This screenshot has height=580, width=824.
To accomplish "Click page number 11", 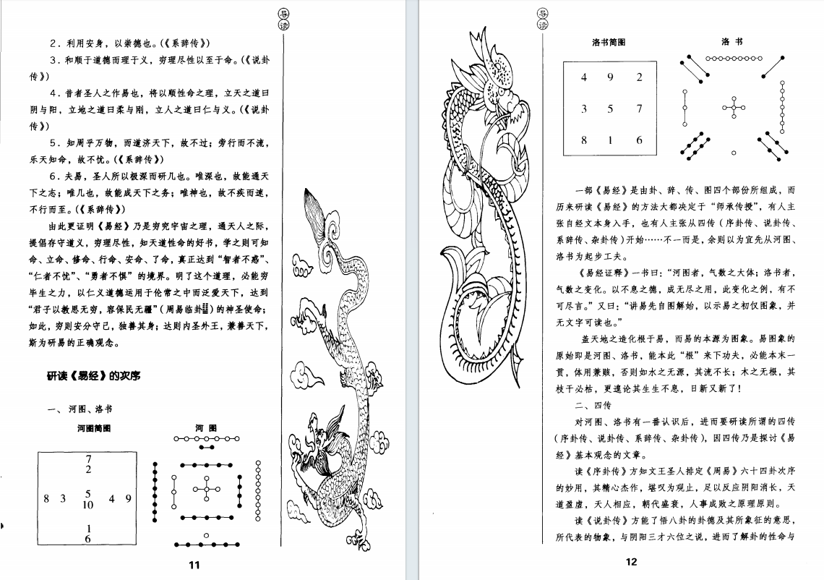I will [193, 565].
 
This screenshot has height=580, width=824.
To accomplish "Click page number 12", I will [631, 563].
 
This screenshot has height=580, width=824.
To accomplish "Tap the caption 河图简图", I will [94, 428].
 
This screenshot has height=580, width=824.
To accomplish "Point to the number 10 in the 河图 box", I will [88, 505].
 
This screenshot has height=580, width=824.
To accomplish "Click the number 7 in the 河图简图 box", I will [88, 459].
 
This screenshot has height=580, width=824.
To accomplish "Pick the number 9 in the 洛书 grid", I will [610, 77].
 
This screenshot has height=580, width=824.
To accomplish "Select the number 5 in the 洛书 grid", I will [610, 109].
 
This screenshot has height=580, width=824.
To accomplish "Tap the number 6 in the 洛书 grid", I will [639, 140].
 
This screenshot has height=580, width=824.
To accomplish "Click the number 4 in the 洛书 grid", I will [584, 77].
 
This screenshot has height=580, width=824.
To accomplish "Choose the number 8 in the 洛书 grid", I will [584, 140].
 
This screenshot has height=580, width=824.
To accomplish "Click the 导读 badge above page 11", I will [284, 18].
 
